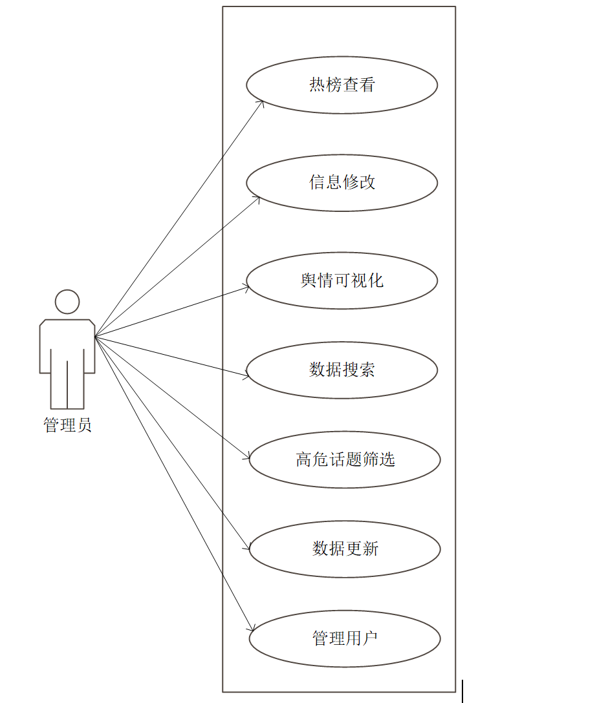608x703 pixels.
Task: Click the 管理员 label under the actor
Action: [67, 425]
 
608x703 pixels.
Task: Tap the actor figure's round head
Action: [67, 302]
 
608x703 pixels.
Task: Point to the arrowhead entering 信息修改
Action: [258, 199]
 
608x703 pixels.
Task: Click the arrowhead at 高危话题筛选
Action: [248, 457]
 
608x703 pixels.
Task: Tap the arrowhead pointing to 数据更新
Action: [248, 549]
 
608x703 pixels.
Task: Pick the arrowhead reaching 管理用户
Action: [252, 629]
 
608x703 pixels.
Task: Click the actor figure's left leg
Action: [59, 388]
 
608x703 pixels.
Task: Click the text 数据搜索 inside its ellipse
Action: [342, 370]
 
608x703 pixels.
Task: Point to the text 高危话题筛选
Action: [345, 459]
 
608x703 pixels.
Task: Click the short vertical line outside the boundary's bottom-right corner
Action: [462, 691]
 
